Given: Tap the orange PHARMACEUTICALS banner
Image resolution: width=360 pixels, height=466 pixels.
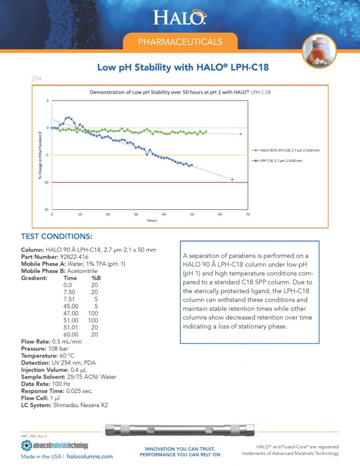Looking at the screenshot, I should (180, 42).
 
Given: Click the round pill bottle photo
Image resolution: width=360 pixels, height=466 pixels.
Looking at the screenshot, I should (319, 51).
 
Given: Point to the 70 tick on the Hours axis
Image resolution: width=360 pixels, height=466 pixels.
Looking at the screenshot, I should (248, 214).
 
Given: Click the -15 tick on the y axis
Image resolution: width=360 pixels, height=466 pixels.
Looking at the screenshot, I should (46, 209).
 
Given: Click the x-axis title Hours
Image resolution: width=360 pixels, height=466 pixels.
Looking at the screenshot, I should (152, 220).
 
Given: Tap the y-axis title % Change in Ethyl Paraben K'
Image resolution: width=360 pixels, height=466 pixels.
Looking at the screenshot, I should (41, 155).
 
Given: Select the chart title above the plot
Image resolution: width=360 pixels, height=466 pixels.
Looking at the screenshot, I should (180, 92).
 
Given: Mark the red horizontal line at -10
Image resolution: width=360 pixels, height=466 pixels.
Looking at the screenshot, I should (150, 182).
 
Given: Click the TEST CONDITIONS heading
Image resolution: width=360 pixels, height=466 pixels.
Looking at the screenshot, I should (57, 237).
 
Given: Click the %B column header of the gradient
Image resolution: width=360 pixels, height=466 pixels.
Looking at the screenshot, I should (96, 277).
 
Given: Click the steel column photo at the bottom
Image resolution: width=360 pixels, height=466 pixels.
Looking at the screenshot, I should (180, 430).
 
